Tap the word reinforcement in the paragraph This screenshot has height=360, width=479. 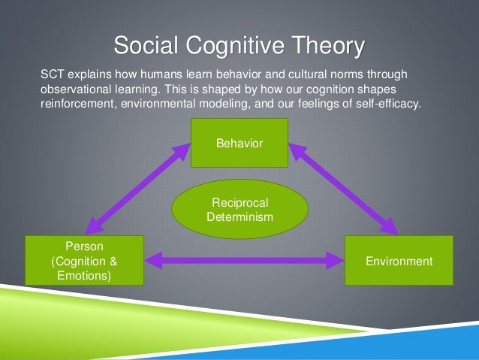point(77,104)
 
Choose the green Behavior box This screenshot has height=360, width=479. point(239,142)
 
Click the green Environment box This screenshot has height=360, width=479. point(399,261)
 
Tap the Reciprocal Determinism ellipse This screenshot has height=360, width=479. point(239,210)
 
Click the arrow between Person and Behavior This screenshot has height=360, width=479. point(135,188)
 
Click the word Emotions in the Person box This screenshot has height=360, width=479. point(83,276)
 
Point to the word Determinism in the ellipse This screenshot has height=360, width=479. point(239,217)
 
